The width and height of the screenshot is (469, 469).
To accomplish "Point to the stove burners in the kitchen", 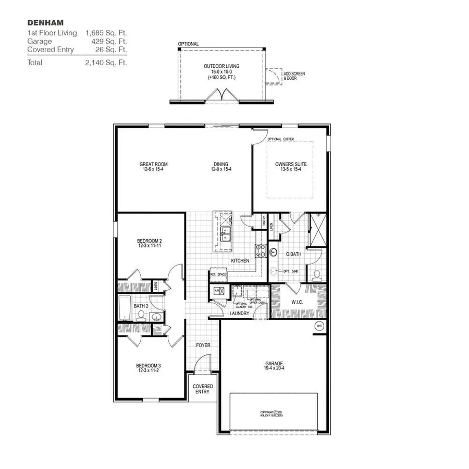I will tap(261, 251).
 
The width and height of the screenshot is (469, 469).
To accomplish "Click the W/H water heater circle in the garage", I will tap(318, 327).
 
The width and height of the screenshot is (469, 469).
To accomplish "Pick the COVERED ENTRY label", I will tap(202, 389).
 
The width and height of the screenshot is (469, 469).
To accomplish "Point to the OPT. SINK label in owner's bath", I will tap(290, 271).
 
